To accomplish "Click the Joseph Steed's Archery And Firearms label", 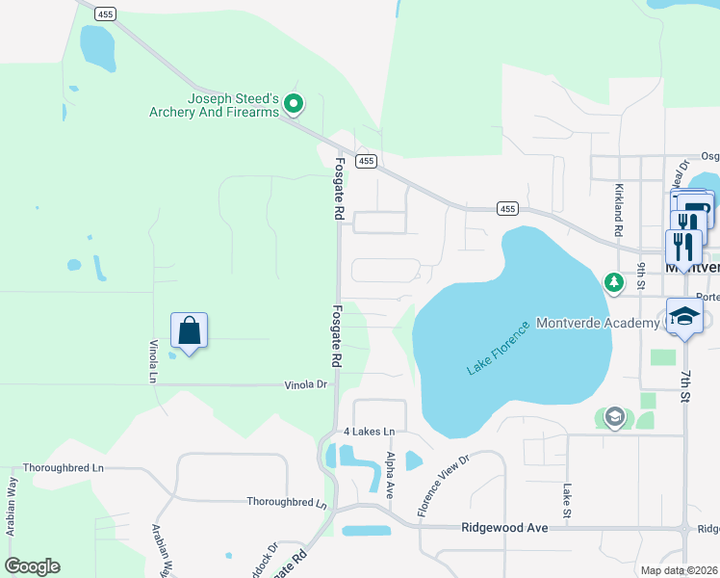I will pyautogui.click(x=214, y=105).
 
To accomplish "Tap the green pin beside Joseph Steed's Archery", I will pyautogui.click(x=295, y=102).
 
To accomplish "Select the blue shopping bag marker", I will pyautogui.click(x=189, y=331).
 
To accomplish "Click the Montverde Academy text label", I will pyautogui.click(x=597, y=323).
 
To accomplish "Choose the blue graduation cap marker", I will pyautogui.click(x=683, y=317).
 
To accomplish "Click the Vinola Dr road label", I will pyautogui.click(x=306, y=384).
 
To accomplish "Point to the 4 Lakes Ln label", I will pyautogui.click(x=370, y=432).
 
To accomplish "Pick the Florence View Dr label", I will pyautogui.click(x=443, y=486).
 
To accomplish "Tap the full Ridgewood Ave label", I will pyautogui.click(x=504, y=528).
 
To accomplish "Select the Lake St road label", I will pyautogui.click(x=568, y=498).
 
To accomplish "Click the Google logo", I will pyautogui.click(x=32, y=566).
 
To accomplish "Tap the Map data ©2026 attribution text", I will pyautogui.click(x=678, y=570).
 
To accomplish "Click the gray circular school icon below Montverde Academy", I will pyautogui.click(x=615, y=417).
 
